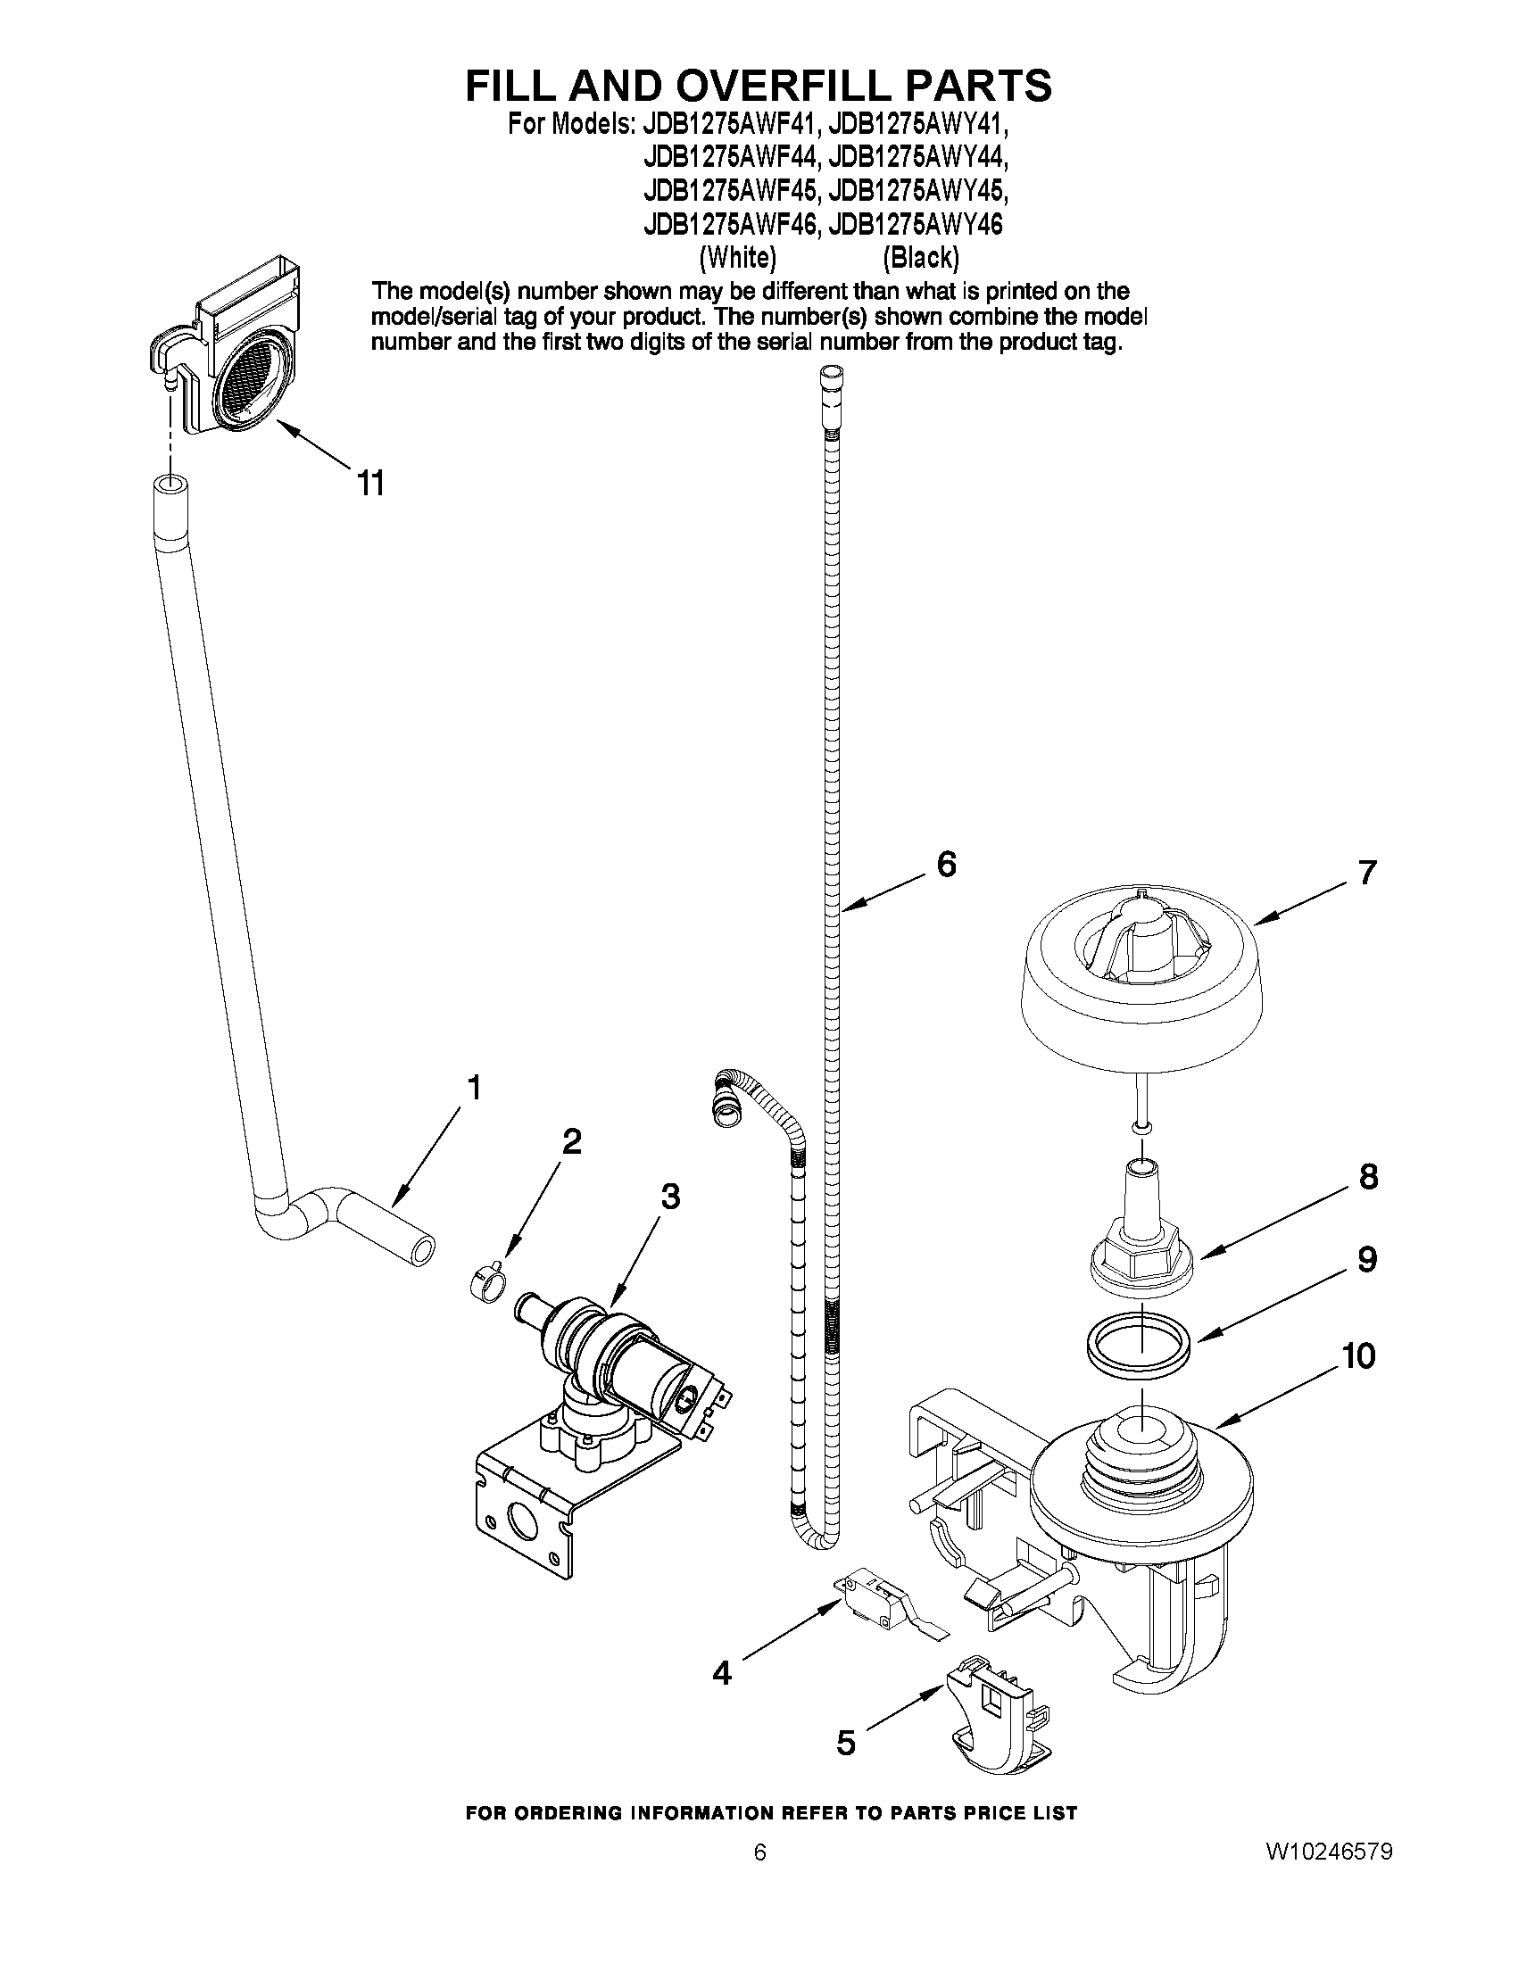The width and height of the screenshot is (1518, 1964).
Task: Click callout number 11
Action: point(370,483)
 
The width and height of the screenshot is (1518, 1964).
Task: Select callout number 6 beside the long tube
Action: point(946,864)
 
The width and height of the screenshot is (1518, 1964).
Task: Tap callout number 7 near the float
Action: point(1367,873)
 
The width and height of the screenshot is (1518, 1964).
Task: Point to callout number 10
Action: point(1359,1355)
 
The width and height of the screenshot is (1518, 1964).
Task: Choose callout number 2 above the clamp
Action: point(571,1141)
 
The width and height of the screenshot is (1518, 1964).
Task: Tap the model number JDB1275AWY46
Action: point(916,224)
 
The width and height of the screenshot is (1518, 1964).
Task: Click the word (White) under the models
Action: point(737,257)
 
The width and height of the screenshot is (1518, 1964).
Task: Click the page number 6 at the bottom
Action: point(760,1927)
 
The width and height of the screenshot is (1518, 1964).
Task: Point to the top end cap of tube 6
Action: point(833,376)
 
